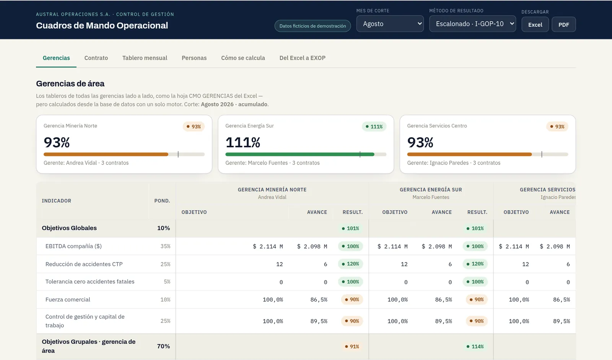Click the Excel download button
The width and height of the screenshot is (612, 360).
(x=535, y=24)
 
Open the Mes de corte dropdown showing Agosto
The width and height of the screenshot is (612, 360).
(x=390, y=24)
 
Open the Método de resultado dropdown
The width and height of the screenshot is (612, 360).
(x=472, y=24)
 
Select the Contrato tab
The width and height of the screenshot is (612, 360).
(x=96, y=58)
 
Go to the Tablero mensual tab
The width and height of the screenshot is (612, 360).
(x=145, y=58)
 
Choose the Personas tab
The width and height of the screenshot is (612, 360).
(x=194, y=58)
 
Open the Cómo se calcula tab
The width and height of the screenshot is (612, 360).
(x=243, y=58)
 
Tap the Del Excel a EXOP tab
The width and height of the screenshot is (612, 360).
(x=302, y=58)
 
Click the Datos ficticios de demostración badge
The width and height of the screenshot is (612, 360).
(x=313, y=26)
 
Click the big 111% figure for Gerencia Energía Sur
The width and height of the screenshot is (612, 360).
(x=243, y=142)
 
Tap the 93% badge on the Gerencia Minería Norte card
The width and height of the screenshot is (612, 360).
(x=194, y=127)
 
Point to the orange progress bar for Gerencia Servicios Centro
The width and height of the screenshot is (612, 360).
(x=469, y=155)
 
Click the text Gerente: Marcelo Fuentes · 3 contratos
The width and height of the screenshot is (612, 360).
(x=272, y=163)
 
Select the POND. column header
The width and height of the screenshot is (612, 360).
(x=162, y=201)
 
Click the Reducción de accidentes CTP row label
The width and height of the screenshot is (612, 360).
(x=84, y=264)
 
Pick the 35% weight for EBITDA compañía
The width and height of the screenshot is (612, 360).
(x=165, y=246)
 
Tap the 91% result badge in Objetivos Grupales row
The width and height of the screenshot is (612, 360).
(x=352, y=347)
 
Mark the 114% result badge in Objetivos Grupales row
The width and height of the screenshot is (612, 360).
(x=475, y=347)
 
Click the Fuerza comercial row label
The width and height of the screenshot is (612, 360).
(x=68, y=300)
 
